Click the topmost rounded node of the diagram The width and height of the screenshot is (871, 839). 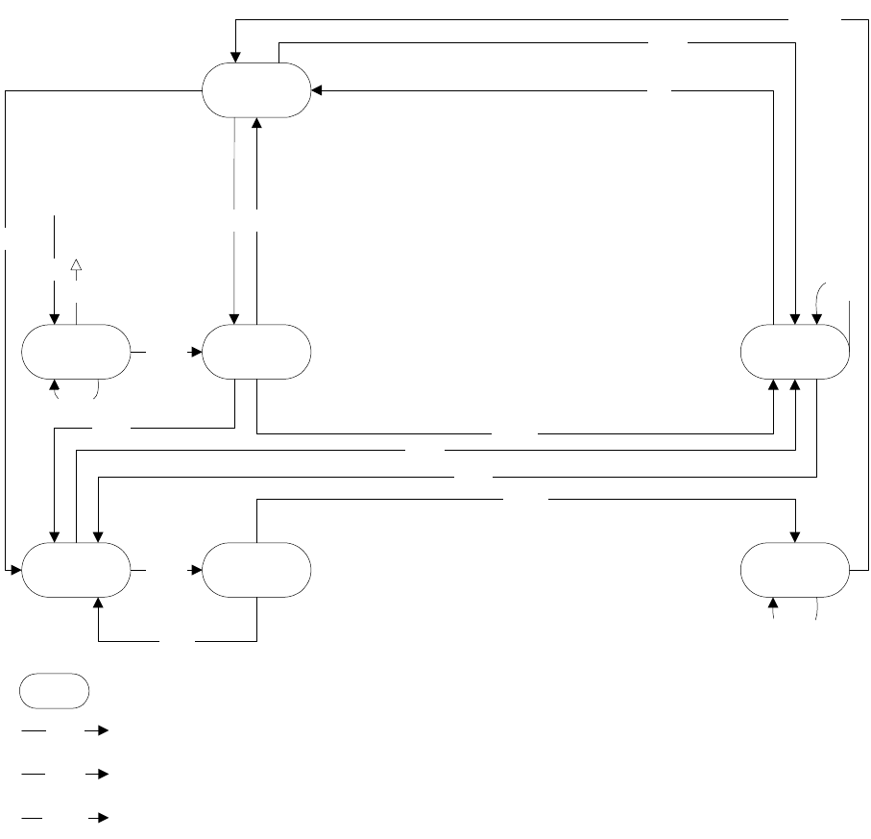(x=256, y=90)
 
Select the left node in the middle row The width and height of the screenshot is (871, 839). (x=76, y=353)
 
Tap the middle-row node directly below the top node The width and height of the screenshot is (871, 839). (x=256, y=353)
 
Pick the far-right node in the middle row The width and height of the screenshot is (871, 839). (x=795, y=353)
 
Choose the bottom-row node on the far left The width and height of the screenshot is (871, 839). (x=76, y=570)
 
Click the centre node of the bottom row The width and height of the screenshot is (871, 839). (x=256, y=570)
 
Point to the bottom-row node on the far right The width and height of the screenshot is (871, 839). (x=795, y=570)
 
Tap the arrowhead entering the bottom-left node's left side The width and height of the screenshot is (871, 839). (x=15, y=570)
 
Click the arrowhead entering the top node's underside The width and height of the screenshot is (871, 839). (x=257, y=123)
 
